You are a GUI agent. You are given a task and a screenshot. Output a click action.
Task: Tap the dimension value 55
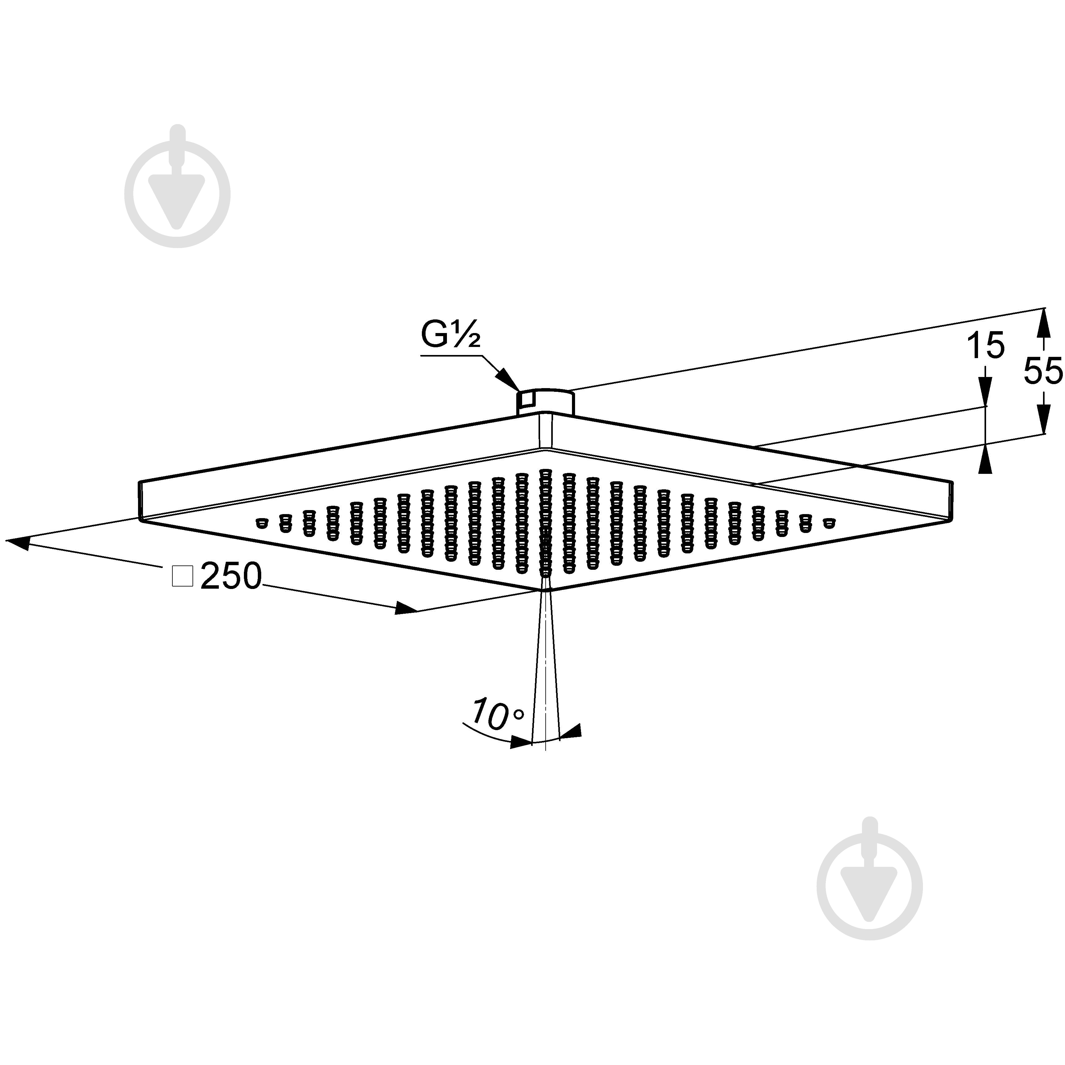tap(1043, 371)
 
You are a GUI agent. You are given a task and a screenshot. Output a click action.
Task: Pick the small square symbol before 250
tap(183, 576)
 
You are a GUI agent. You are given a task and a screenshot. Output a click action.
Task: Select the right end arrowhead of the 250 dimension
tap(406, 608)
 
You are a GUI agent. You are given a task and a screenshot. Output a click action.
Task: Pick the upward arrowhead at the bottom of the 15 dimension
tap(985, 460)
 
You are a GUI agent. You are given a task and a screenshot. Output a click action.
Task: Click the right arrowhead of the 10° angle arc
tap(570, 731)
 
